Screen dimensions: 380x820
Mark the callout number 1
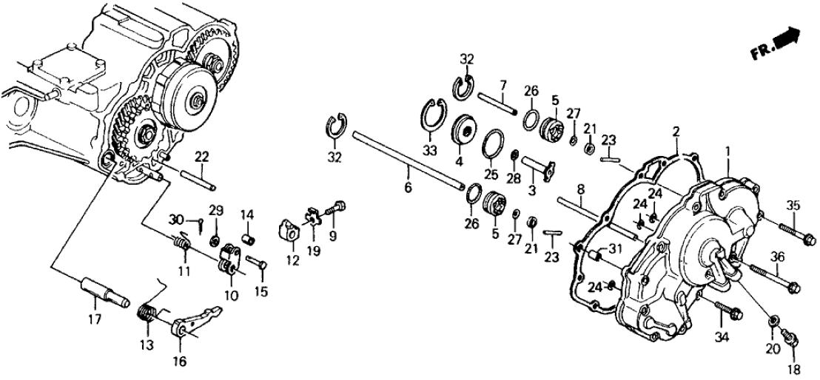point(728,151)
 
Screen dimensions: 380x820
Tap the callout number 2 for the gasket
point(675,131)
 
